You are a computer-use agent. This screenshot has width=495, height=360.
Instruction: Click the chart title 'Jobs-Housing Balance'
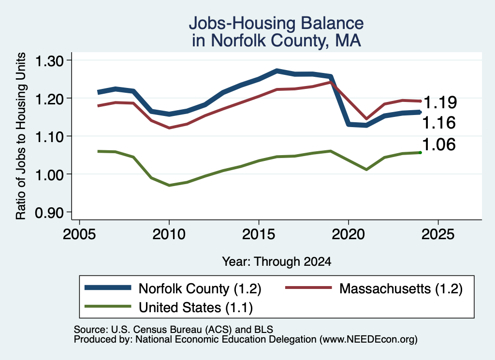pyautogui.click(x=276, y=23)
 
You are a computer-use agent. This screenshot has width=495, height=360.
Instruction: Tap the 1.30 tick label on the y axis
pyautogui.click(x=49, y=61)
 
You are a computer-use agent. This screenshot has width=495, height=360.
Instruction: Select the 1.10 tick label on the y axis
pyautogui.click(x=49, y=137)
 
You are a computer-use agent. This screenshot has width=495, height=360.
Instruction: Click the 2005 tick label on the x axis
pyautogui.click(x=80, y=234)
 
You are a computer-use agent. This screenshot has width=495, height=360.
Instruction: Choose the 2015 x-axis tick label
pyautogui.click(x=259, y=234)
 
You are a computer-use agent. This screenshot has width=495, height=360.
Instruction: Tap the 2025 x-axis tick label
pyautogui.click(x=438, y=234)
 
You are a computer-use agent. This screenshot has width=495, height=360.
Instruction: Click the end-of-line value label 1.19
pyautogui.click(x=440, y=102)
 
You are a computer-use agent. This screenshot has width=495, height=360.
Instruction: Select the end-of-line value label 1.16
pyautogui.click(x=439, y=123)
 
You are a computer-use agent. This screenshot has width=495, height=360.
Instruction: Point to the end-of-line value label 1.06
pyautogui.click(x=439, y=144)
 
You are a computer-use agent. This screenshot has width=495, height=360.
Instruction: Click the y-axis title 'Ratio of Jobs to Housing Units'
pyautogui.click(x=20, y=136)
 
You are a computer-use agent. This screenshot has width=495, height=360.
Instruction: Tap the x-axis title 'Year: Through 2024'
pyautogui.click(x=277, y=261)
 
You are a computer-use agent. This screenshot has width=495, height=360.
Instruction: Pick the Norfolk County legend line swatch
pyautogui.click(x=108, y=288)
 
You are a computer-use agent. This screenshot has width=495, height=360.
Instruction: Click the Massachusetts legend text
pyautogui.click(x=401, y=288)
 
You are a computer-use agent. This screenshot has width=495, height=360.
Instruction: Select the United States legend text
pyautogui.click(x=196, y=308)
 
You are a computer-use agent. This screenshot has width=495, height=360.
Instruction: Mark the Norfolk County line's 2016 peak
pyautogui.click(x=277, y=71)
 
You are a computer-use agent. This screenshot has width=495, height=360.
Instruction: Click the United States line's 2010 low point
pyautogui.click(x=169, y=185)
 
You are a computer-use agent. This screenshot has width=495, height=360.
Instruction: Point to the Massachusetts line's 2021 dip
pyautogui.click(x=366, y=119)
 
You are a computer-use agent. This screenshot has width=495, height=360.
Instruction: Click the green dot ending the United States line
pyautogui.click(x=420, y=153)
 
